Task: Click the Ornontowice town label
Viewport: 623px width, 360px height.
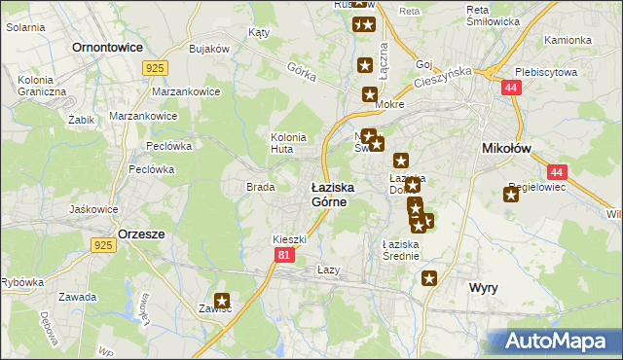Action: (x=107, y=46)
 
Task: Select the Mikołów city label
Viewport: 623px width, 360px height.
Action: (x=505, y=148)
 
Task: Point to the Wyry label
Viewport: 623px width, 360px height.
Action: (x=484, y=288)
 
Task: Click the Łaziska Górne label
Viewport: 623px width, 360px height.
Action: (x=332, y=194)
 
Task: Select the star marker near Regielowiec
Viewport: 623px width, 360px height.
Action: (x=511, y=194)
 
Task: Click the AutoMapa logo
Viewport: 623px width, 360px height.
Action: (x=554, y=341)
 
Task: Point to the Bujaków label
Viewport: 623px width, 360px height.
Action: (x=208, y=49)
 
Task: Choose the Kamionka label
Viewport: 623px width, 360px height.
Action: (x=568, y=41)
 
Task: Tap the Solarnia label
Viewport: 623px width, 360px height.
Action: (x=25, y=27)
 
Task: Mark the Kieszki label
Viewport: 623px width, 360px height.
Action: (x=290, y=238)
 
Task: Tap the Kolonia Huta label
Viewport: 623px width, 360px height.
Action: (x=288, y=143)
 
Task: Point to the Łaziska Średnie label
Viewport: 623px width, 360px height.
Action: (x=400, y=250)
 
